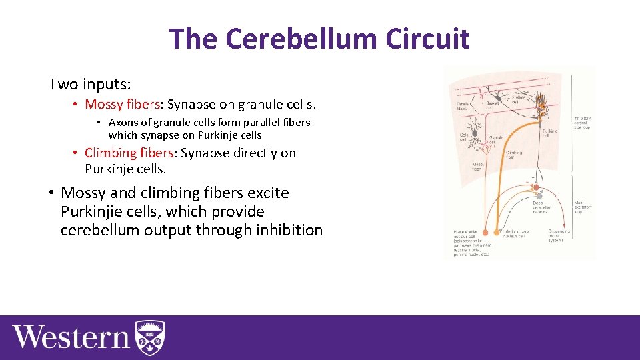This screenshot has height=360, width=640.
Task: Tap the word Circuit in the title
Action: [x=428, y=39]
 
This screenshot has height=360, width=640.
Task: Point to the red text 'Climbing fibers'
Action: [x=129, y=153]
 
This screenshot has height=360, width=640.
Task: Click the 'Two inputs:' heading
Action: [x=90, y=85]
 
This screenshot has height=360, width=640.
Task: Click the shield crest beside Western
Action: [x=150, y=337]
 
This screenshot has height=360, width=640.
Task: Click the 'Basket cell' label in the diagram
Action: [x=493, y=105]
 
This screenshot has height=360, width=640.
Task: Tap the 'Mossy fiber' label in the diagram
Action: [x=478, y=167]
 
